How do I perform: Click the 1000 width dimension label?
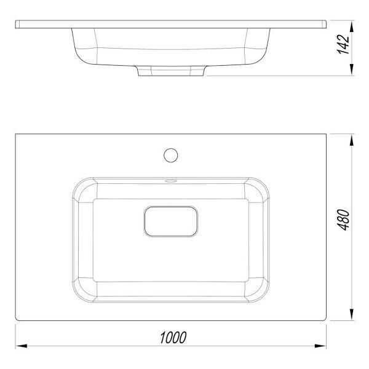(x=173, y=337)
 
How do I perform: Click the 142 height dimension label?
(x=344, y=44)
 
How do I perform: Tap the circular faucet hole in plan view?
(x=170, y=156)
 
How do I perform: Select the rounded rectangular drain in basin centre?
(x=171, y=221)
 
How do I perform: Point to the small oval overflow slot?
(x=171, y=181)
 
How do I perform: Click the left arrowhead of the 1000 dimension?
(x=21, y=346)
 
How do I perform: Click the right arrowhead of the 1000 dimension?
(x=320, y=346)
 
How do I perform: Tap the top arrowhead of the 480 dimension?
(x=352, y=140)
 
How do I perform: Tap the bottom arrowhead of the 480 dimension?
(x=352, y=314)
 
